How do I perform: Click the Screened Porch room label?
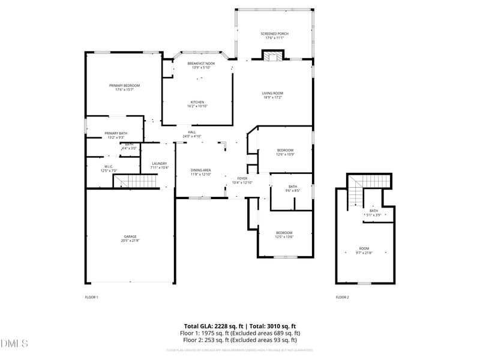[274, 34]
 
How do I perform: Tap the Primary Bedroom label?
[124, 86]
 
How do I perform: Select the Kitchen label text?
[197, 102]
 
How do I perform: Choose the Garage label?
[130, 236]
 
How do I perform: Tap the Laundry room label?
[159, 163]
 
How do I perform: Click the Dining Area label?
[201, 170]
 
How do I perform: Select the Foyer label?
[242, 178]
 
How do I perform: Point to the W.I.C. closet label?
[109, 166]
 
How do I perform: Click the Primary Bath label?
[116, 133]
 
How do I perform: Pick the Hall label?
[192, 132]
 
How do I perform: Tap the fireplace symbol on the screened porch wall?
[273, 56]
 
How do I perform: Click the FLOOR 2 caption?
[342, 297]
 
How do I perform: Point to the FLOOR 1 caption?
[91, 297]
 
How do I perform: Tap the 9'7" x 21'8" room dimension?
[364, 253]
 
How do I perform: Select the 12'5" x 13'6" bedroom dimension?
[284, 237]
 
